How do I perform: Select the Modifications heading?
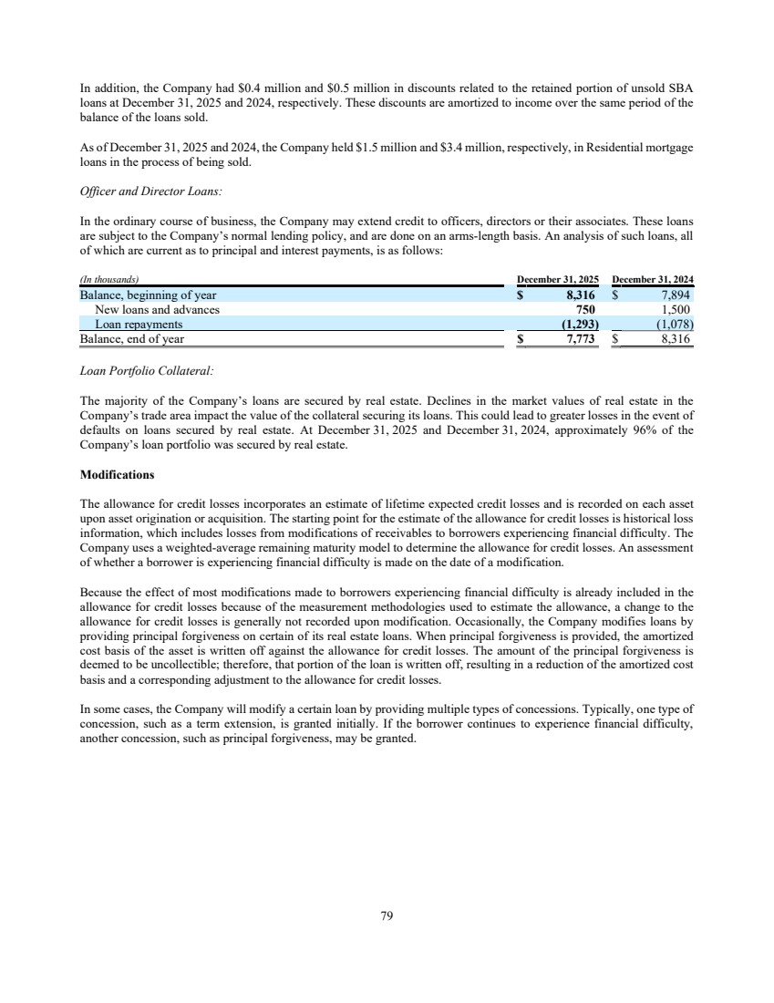coord(117,475)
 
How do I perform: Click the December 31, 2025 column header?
coord(557,279)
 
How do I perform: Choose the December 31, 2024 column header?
coord(654,279)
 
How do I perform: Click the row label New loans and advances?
coord(158,310)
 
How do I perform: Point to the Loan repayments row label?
coord(139,325)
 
